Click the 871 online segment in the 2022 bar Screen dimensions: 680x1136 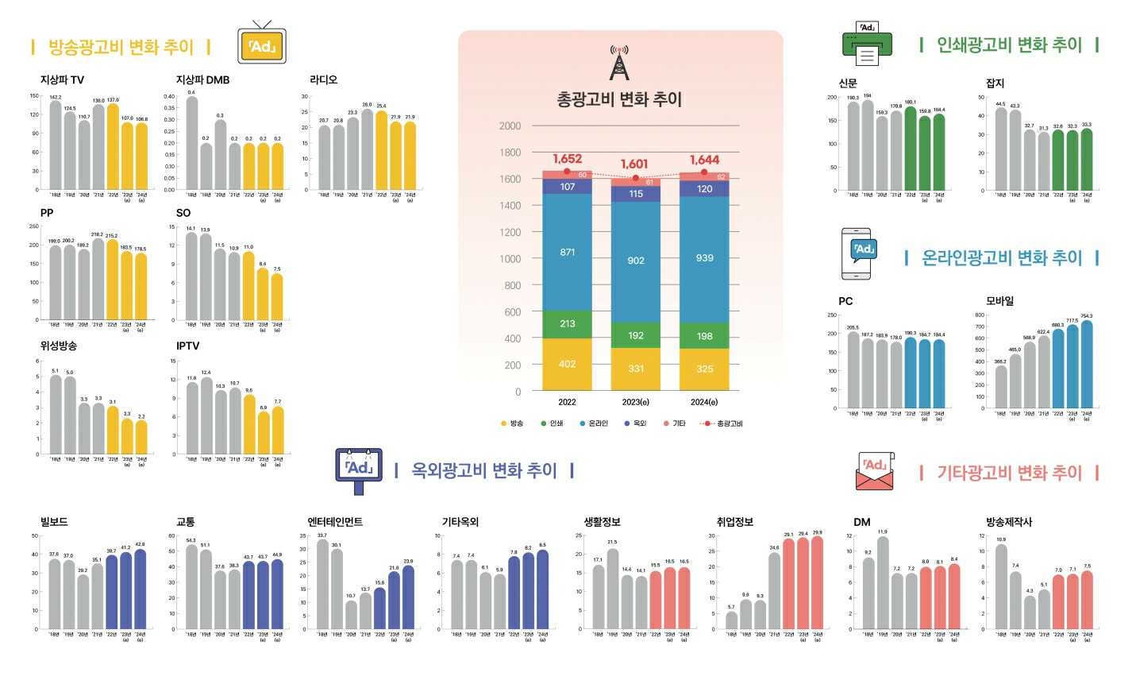point(567,253)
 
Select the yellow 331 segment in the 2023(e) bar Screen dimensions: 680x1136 point(636,369)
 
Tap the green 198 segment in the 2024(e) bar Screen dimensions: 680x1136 point(704,336)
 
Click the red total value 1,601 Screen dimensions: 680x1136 point(635,164)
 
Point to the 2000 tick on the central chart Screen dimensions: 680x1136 point(510,126)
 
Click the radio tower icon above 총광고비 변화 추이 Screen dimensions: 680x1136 point(619,63)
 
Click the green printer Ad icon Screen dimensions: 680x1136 point(867,44)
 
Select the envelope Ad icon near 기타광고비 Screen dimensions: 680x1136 point(874,472)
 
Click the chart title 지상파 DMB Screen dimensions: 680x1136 point(202,80)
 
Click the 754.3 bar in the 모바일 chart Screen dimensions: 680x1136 point(1086,365)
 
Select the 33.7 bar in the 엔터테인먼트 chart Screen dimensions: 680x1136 point(322,585)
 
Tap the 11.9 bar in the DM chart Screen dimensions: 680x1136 point(883,583)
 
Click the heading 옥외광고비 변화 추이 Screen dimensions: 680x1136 point(484,470)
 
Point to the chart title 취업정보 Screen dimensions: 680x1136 point(734,522)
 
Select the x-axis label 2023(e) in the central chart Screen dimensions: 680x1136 point(635,403)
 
